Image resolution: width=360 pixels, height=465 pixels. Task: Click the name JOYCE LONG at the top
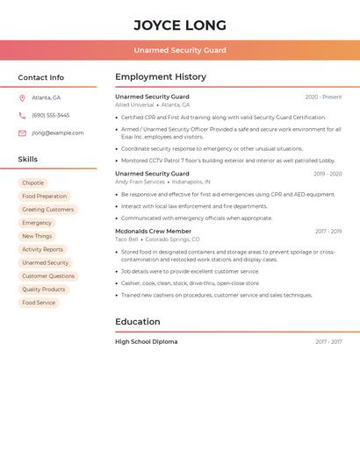pyautogui.click(x=180, y=25)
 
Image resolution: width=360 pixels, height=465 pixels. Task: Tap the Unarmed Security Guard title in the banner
pyautogui.click(x=180, y=50)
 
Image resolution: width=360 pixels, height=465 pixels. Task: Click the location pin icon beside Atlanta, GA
pyautogui.click(x=22, y=97)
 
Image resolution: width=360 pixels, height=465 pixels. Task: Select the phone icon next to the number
pyautogui.click(x=22, y=115)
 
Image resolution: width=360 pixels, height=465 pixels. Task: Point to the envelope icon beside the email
pyautogui.click(x=22, y=133)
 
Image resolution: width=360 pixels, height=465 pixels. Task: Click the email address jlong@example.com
pyautogui.click(x=58, y=133)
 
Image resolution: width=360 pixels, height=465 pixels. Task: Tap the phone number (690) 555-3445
pyautogui.click(x=51, y=115)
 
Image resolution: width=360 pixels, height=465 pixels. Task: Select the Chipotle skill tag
pyautogui.click(x=33, y=183)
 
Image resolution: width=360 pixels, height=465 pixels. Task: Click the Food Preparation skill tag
pyautogui.click(x=45, y=197)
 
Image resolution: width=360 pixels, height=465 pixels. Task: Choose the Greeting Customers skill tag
pyautogui.click(x=48, y=210)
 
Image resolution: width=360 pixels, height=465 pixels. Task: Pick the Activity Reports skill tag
pyautogui.click(x=43, y=249)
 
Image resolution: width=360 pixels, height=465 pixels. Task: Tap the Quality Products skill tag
pyautogui.click(x=44, y=290)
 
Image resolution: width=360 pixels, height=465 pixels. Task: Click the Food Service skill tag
pyautogui.click(x=39, y=303)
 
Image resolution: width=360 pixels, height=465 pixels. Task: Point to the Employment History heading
pyautogui.click(x=161, y=77)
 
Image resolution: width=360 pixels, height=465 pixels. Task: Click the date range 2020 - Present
pyautogui.click(x=323, y=97)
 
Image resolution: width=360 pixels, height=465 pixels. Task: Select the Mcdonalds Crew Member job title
pyautogui.click(x=153, y=232)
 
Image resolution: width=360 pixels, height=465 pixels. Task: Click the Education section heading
pyautogui.click(x=138, y=322)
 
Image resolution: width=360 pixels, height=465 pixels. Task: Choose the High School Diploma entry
pyautogui.click(x=146, y=342)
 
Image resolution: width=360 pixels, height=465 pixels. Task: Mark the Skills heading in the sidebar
pyautogui.click(x=28, y=160)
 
